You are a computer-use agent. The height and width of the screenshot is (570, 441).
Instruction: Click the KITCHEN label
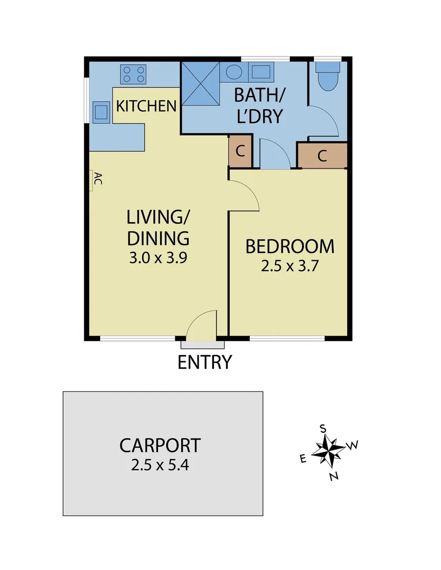point(146,106)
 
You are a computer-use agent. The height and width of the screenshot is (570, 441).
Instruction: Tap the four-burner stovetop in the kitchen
point(133,73)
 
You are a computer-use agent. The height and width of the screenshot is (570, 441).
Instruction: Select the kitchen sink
point(102,111)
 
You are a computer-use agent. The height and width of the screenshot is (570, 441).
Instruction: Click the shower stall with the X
point(200,83)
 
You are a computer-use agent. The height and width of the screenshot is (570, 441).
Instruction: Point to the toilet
point(328,78)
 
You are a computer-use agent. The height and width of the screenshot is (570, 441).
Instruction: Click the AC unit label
point(96,180)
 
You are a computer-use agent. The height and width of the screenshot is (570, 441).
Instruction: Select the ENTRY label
point(204,363)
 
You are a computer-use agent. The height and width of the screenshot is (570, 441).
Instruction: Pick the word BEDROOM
point(290,246)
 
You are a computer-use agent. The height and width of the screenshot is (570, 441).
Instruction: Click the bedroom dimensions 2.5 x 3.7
point(290,265)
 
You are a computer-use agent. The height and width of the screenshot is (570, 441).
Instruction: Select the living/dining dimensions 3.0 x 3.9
point(158,258)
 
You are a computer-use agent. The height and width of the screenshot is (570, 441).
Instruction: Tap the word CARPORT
point(160,445)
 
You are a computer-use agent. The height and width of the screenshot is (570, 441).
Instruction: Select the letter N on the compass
point(333,477)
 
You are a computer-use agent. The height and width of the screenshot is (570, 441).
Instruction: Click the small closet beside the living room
point(240,151)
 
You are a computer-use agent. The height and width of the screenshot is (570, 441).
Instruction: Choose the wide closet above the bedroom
point(322,156)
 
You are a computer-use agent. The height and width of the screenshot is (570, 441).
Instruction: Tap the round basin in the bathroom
point(234,71)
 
